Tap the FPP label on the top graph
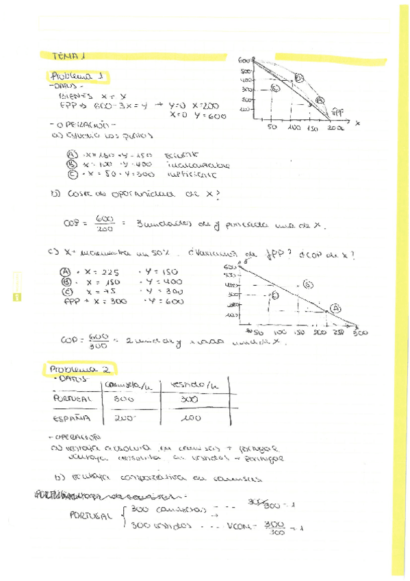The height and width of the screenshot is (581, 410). tap(337, 113)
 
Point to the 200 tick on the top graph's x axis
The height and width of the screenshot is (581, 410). tap(335, 128)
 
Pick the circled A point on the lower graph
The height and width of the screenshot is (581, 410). tap(335, 308)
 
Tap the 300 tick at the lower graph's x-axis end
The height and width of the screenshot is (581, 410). tap(360, 332)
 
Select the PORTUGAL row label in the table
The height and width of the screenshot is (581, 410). tap(71, 397)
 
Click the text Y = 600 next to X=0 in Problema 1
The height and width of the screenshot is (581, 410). tap(205, 116)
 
